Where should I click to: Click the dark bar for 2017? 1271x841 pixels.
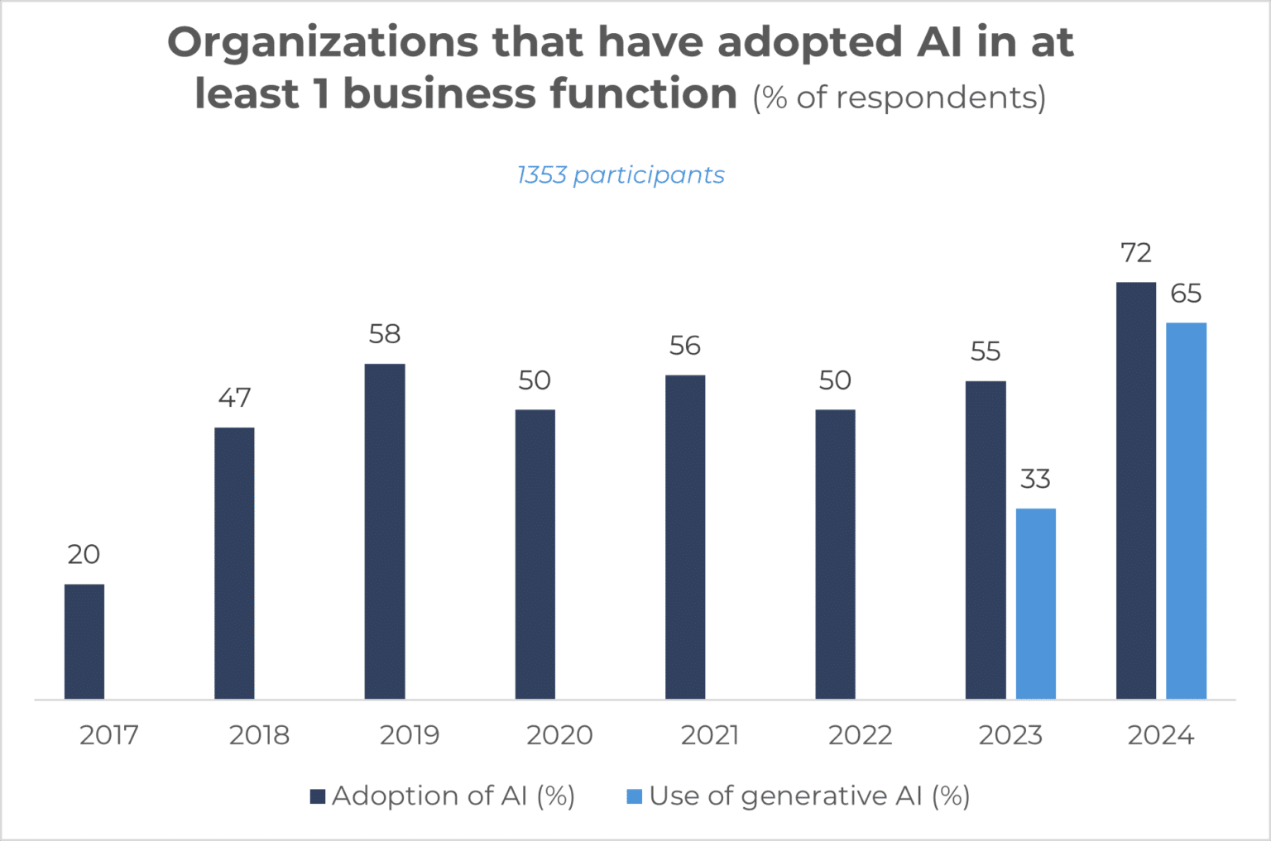tap(84, 642)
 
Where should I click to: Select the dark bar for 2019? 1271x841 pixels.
tap(385, 532)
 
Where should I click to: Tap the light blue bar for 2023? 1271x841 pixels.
tap(1035, 604)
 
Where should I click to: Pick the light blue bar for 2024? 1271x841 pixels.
tap(1186, 511)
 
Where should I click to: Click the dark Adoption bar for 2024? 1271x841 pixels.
tap(1135, 491)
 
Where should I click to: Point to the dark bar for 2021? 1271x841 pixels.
tap(685, 538)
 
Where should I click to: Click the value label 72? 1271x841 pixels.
tap(1135, 253)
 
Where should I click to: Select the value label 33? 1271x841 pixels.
tap(1035, 479)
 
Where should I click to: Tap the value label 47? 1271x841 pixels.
tap(234, 398)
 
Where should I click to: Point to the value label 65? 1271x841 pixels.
tap(1186, 294)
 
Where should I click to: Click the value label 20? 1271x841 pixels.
tap(84, 554)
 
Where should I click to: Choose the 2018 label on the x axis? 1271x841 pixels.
tap(259, 735)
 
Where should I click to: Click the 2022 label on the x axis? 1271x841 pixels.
tap(860, 735)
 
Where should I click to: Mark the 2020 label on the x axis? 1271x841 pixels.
tap(559, 735)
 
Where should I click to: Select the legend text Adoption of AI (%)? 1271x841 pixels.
tap(453, 796)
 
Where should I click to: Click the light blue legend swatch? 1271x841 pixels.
tap(635, 796)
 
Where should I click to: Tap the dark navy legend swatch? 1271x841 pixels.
tap(318, 796)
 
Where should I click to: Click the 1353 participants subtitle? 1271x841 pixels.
tap(621, 175)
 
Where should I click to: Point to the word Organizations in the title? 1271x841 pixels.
tap(323, 42)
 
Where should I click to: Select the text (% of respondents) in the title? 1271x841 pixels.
tap(899, 98)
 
